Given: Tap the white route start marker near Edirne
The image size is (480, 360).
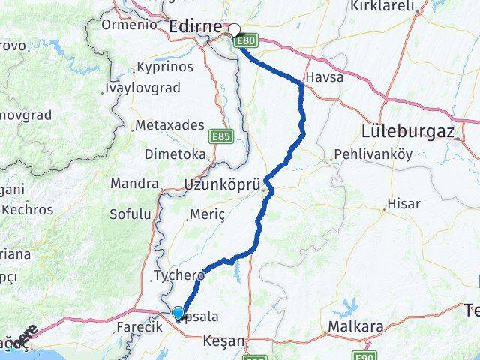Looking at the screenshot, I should pyautogui.click(x=234, y=31).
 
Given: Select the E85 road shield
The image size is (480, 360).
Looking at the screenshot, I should pyautogui.click(x=221, y=136).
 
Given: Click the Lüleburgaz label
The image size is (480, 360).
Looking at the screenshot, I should pyautogui.click(x=409, y=130).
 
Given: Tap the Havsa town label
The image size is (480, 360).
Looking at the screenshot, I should pyautogui.click(x=324, y=79).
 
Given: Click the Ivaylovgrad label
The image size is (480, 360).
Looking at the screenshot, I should pyautogui.click(x=142, y=88).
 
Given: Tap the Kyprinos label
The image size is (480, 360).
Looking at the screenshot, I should pyautogui.click(x=165, y=67).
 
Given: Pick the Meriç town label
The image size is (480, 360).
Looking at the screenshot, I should pyautogui.click(x=208, y=214).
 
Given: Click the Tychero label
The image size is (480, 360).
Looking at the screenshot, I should pyautogui.click(x=178, y=274).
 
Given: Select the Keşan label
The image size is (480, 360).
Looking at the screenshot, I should pyautogui.click(x=224, y=341).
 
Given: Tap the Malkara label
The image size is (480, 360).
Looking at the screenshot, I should pyautogui.click(x=355, y=328).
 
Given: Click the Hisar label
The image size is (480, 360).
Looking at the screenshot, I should pyautogui.click(x=403, y=203).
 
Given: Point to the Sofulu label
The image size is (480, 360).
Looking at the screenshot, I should pyautogui.click(x=130, y=214).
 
